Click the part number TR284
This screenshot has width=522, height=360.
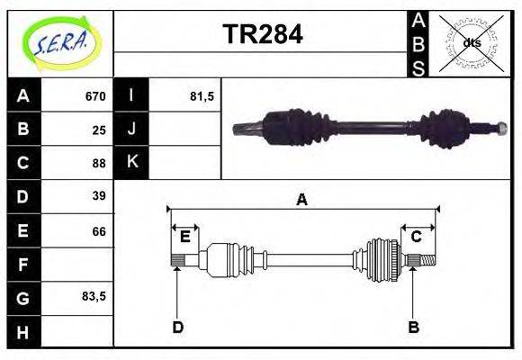(x=262, y=35)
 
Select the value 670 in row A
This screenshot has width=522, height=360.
(x=95, y=96)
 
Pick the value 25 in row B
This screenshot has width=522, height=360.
(x=99, y=130)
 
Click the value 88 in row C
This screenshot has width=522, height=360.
(x=99, y=163)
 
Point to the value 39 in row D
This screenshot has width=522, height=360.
(x=99, y=195)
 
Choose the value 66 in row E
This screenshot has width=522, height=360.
(x=99, y=230)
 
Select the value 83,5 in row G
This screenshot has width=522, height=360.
(x=94, y=295)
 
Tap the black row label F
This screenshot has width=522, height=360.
(x=22, y=265)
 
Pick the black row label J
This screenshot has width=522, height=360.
(x=131, y=130)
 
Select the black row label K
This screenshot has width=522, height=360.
(x=131, y=163)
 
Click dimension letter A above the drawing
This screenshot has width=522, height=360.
(x=302, y=200)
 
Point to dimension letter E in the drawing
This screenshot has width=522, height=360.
(x=184, y=237)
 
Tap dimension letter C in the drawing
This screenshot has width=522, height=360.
(x=417, y=237)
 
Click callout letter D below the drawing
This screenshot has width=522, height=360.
(x=177, y=327)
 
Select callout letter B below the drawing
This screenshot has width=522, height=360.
(x=413, y=327)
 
